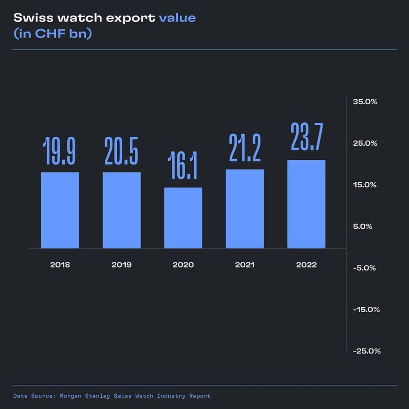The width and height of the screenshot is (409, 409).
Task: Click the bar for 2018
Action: [60, 210]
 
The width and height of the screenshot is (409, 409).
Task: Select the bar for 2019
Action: [121, 210]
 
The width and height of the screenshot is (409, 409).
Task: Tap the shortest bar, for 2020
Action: [183, 218]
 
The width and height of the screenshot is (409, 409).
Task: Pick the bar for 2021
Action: [245, 209]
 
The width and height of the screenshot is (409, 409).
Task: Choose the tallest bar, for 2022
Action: [306, 204]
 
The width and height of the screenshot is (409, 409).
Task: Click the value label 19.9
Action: [60, 151]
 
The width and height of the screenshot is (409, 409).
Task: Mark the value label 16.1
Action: [183, 166]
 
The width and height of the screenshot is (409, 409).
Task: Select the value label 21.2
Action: [245, 148]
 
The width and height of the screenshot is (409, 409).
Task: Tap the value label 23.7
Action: [306, 137]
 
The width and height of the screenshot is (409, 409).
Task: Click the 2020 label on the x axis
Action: [183, 265]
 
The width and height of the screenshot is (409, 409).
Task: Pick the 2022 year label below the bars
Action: [306, 265]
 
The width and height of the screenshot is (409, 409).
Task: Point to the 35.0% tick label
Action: [365, 102]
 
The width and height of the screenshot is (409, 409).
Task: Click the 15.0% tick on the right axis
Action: [365, 185]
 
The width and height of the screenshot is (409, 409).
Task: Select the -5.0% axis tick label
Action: [365, 268]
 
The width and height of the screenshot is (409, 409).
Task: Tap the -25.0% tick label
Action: [366, 351]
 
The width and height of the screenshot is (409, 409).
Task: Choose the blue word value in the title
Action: [177, 18]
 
